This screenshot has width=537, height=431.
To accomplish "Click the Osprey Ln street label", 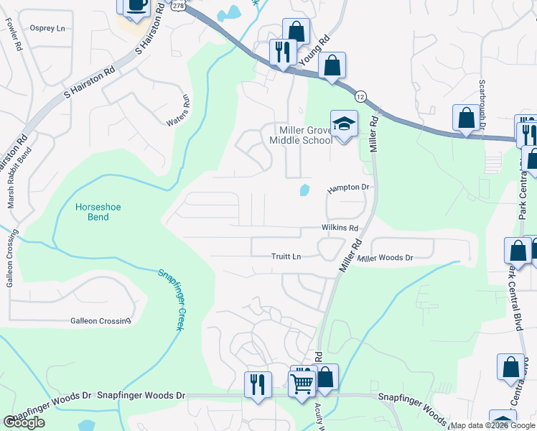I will point(47,28).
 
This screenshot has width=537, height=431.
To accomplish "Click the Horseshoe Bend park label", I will point(93,212).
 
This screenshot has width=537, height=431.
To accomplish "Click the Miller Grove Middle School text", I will point(301,135).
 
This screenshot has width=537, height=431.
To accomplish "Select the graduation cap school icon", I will point(344,123).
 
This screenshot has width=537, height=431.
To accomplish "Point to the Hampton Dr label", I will point(348,187).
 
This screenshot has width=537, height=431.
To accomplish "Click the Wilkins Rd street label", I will point(340,227).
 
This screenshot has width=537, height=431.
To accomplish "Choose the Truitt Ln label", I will point(286,256).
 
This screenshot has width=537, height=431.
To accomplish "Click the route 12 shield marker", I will point(360,96).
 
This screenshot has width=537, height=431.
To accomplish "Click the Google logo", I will point(24,422).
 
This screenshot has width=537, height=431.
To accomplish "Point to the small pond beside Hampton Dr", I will point(304,190).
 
